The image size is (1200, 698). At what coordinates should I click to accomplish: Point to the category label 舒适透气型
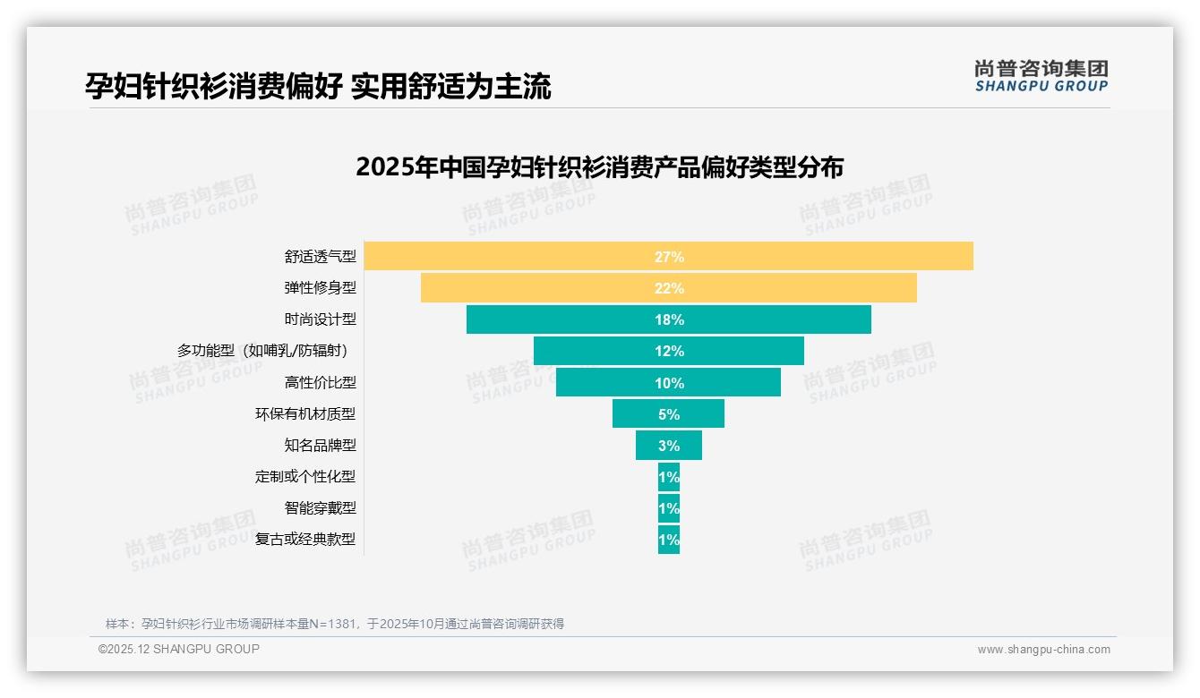click(320, 257)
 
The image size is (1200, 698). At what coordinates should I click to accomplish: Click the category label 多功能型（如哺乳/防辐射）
click(266, 351)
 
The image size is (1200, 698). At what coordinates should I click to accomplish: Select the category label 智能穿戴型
click(320, 508)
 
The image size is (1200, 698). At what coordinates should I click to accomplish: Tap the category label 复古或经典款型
click(304, 540)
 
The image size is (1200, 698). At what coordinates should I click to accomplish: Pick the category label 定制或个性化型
click(304, 477)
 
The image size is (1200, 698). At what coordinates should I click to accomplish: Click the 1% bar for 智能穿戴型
click(669, 508)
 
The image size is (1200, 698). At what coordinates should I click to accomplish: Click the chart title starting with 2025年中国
click(599, 168)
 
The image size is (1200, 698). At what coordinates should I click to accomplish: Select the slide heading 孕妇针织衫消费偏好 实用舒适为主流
click(318, 86)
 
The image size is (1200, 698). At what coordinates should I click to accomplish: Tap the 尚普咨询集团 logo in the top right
click(1041, 76)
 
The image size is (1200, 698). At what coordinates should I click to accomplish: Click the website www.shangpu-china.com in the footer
click(1043, 650)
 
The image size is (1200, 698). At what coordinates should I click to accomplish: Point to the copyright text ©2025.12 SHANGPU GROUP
click(179, 650)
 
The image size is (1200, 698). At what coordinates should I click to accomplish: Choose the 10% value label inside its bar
click(669, 383)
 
